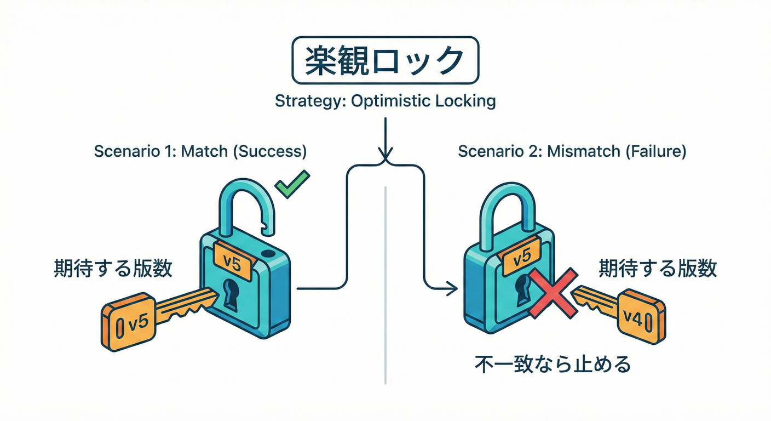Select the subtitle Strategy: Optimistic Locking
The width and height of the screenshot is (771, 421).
385,101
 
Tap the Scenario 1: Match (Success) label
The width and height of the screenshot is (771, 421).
200,152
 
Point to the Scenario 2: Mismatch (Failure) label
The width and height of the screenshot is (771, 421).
572,152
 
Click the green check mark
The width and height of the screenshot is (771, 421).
292,185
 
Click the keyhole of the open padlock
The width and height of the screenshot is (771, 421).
231,292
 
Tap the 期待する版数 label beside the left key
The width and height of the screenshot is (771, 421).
113,269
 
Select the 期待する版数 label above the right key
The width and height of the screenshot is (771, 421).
657,269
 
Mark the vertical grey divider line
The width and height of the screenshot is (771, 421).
387,285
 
